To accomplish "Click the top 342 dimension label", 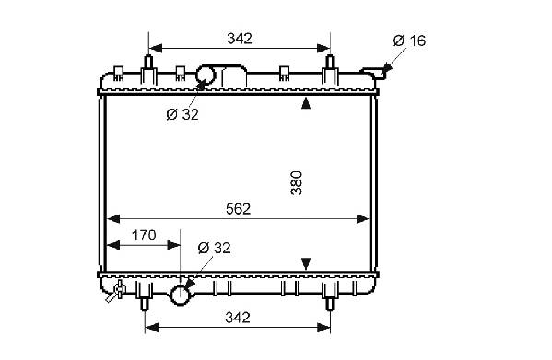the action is pos(240,39).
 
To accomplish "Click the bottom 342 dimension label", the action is pos(238,318).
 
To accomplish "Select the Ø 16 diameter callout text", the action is pos(409,41).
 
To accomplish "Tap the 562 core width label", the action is pos(239,209).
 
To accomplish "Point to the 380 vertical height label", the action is pos(297,183).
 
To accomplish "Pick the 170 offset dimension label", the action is pos(144,235).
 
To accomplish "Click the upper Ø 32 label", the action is pos(182,114).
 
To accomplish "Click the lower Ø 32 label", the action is pos(215,248).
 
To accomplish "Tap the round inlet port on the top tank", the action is pos(206,75).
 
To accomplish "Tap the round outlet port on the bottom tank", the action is pos(181,296).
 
